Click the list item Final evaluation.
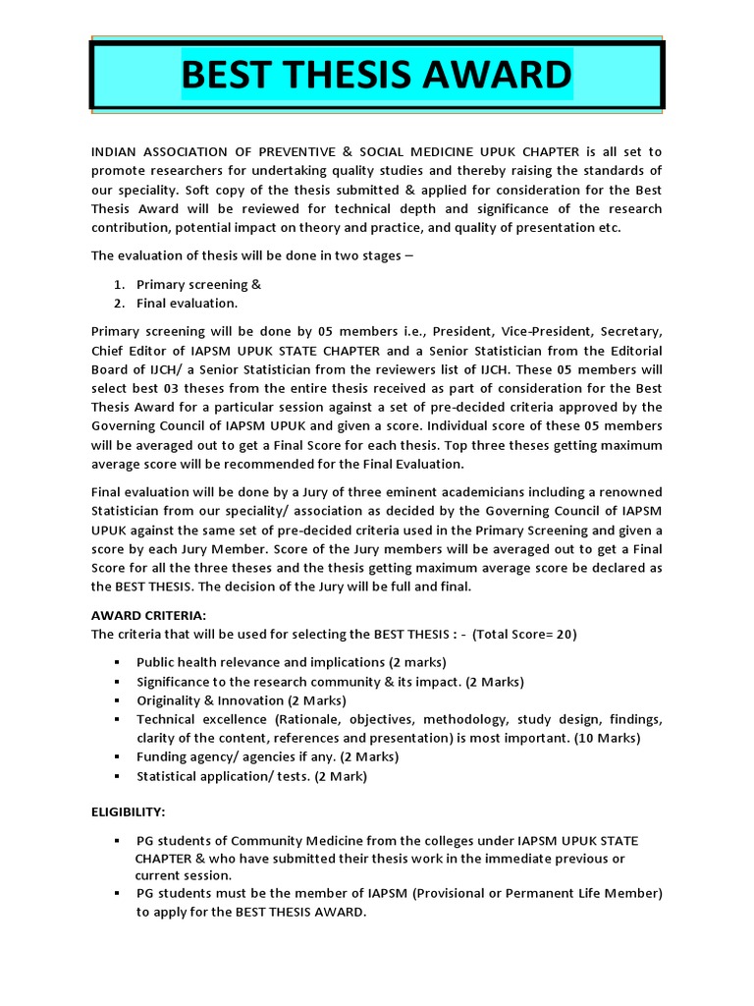click(x=187, y=303)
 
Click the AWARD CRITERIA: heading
click(x=148, y=614)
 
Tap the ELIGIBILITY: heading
click(x=129, y=812)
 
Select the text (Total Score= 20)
click(x=524, y=634)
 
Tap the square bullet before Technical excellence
click(x=116, y=719)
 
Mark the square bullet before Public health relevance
click(x=116, y=662)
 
